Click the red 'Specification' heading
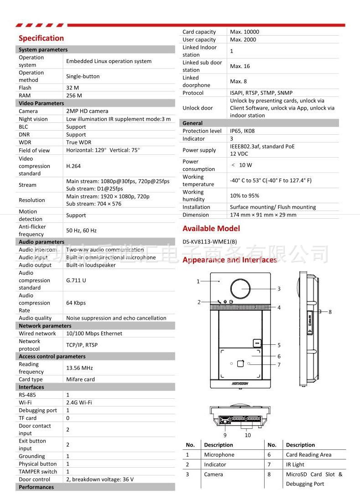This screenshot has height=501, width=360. (41, 38)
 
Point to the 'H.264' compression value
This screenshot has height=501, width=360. (73, 166)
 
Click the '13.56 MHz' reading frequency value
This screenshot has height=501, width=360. (79, 368)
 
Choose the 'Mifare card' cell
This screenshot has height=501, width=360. (80, 379)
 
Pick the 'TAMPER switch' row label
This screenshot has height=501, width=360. (38, 471)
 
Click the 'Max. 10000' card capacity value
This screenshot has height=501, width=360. (244, 32)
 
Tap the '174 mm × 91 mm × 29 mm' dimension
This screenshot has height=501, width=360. (263, 215)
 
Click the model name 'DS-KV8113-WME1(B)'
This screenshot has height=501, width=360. (209, 242)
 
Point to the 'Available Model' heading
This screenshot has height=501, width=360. (211, 228)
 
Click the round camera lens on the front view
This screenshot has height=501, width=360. (240, 288)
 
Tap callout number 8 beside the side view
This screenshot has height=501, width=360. (330, 312)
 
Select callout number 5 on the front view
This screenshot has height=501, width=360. (279, 345)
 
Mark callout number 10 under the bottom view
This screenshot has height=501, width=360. (248, 435)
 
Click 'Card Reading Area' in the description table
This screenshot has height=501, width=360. (308, 455)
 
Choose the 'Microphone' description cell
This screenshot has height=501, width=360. (219, 455)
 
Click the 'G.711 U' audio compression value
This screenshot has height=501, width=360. (76, 280)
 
